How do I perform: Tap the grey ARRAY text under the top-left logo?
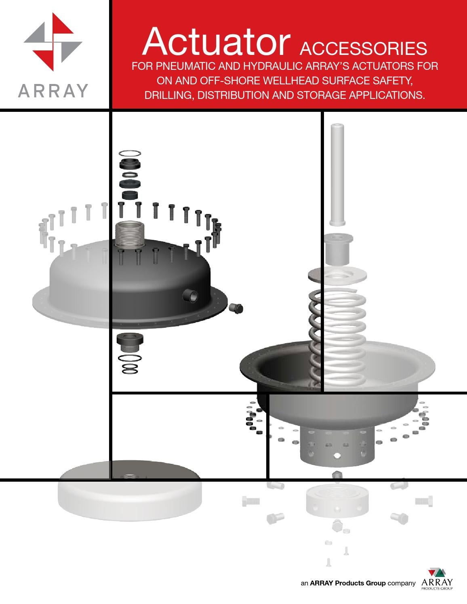click(53, 91)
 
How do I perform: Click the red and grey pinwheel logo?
click(53, 42)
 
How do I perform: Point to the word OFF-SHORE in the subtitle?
click(229, 81)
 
